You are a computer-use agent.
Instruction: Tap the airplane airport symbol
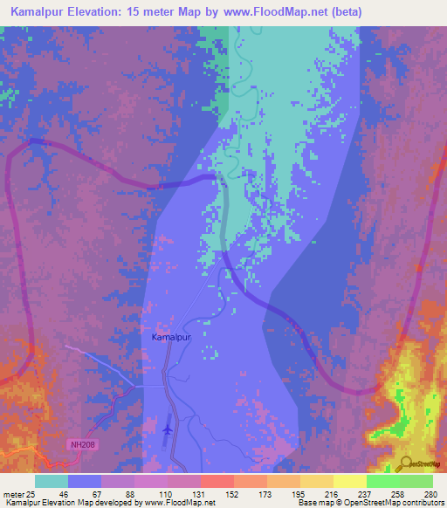click(168, 429)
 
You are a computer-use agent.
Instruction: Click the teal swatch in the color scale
click(52, 481)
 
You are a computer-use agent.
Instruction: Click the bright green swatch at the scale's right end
click(416, 481)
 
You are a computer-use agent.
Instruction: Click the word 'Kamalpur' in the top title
click(43, 12)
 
